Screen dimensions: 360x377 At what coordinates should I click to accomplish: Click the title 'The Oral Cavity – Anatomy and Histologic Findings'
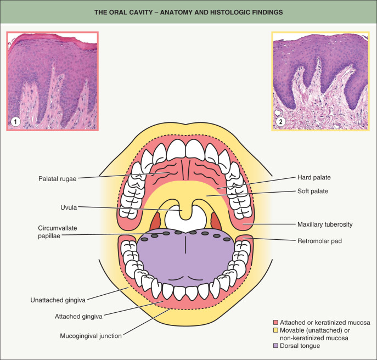(x=188, y=12)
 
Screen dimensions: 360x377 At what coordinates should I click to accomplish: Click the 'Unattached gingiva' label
(x=58, y=300)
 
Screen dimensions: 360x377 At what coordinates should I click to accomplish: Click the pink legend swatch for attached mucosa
(x=276, y=322)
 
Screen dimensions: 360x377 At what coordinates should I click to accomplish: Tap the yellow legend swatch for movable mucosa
(x=276, y=330)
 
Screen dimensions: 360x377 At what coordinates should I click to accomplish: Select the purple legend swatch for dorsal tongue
(x=276, y=346)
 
